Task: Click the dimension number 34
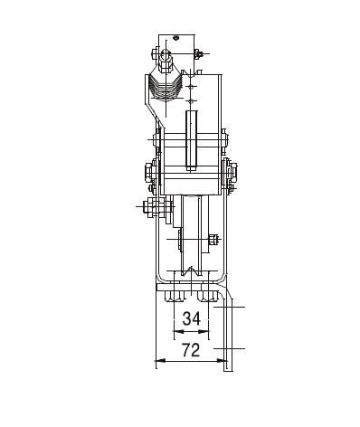[192, 318]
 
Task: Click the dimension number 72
[191, 350]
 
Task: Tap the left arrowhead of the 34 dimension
[178, 332]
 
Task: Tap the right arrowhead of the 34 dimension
[204, 332]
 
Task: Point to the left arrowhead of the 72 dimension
[160, 360]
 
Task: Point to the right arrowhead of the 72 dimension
[223, 360]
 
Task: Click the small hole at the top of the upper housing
[176, 38]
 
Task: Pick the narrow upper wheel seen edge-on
[192, 141]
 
